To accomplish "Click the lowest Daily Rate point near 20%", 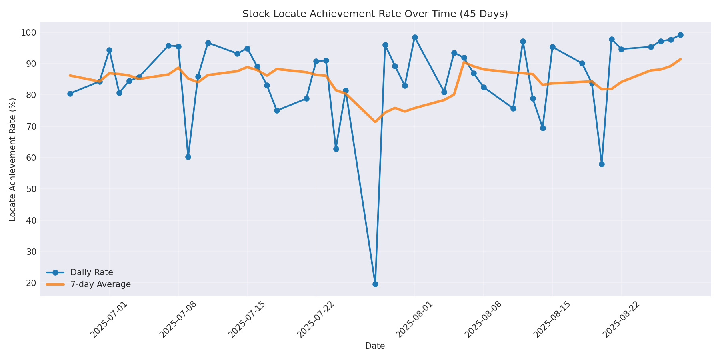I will [x=375, y=284].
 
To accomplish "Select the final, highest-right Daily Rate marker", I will [x=680, y=35].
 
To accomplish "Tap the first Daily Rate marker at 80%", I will [x=70, y=94].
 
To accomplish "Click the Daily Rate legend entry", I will [x=92, y=272].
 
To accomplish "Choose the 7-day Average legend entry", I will [x=100, y=284].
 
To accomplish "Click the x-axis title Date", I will [x=375, y=346].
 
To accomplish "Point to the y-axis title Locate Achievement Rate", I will [x=13, y=159].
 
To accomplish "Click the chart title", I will [x=375, y=14].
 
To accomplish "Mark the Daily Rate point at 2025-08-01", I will [x=415, y=37].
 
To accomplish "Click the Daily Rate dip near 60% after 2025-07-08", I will [x=188, y=157].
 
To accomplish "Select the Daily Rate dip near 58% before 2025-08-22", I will [x=602, y=164].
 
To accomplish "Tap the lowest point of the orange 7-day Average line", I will [x=375, y=122].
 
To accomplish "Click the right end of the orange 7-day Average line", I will [x=680, y=59].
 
